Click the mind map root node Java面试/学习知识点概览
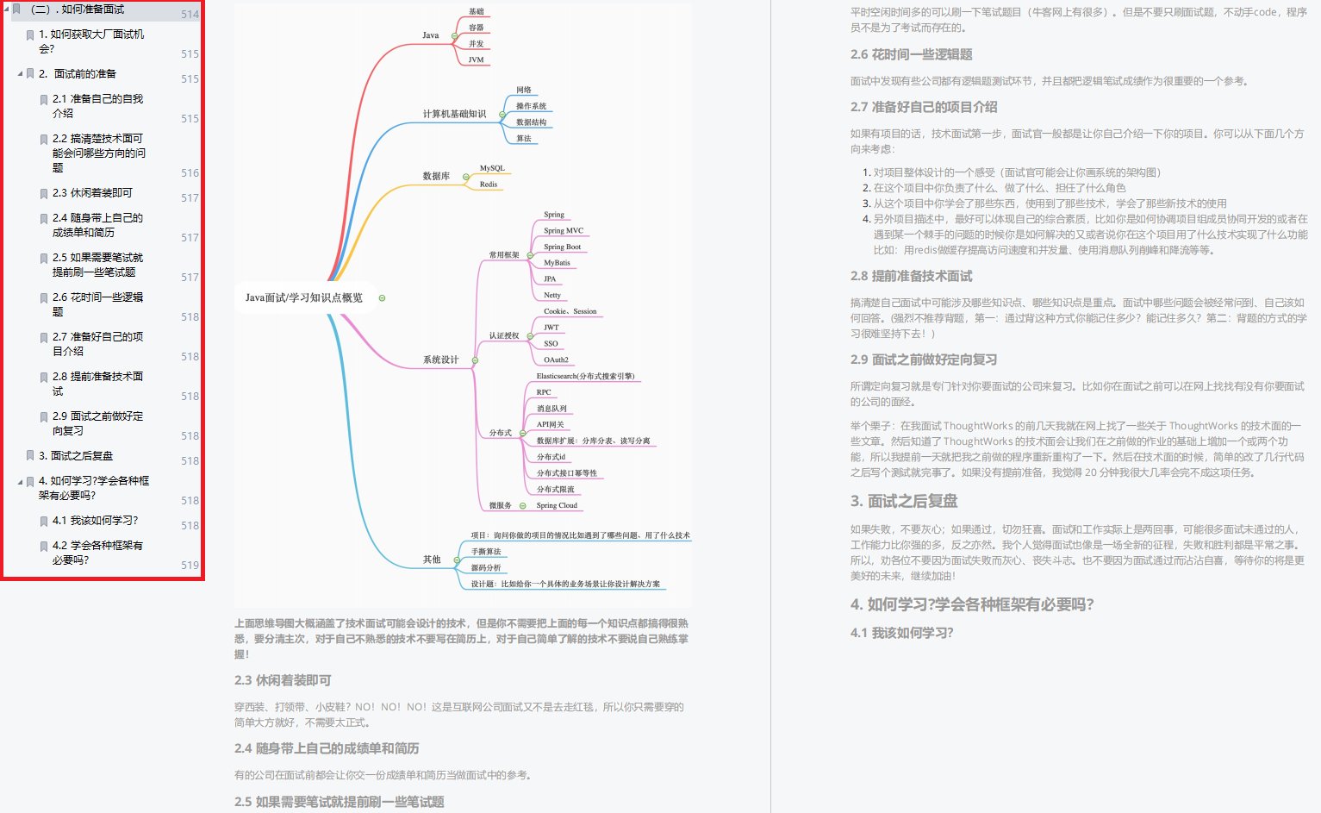303,297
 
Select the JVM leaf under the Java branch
476,59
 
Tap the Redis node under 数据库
489,184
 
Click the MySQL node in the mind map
492,168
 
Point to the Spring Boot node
562,247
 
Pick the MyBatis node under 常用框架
557,263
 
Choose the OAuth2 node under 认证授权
556,360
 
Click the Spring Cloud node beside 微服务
557,505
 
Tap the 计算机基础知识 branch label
454,114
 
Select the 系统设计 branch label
440,360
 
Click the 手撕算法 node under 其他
486,552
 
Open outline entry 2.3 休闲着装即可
92,193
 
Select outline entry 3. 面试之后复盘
81,456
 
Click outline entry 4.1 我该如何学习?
95,521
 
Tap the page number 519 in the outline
190,566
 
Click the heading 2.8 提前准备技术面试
911,276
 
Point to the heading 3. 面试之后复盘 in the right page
903,501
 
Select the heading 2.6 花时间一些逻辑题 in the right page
911,54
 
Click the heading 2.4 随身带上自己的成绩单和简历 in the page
327,748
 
